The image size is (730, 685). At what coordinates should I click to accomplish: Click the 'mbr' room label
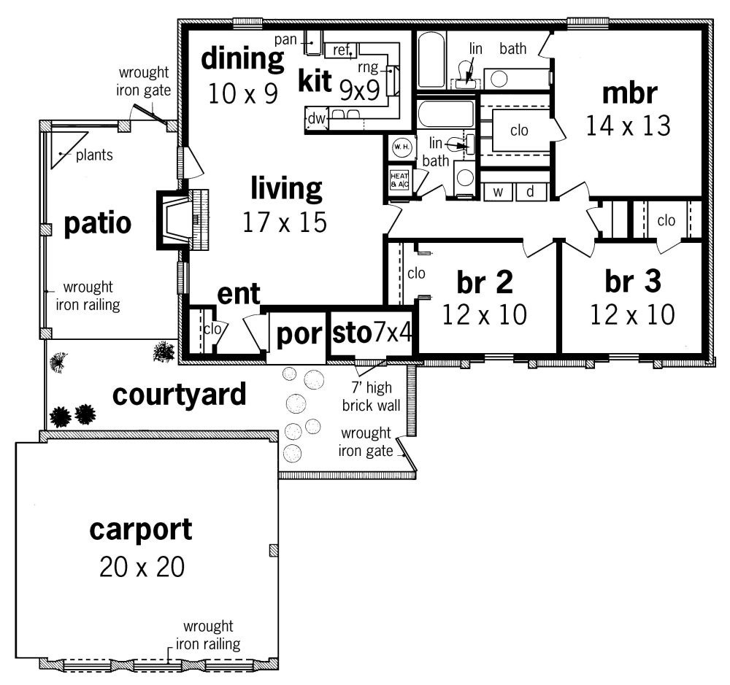[629, 93]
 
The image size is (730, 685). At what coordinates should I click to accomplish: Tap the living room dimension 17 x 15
[285, 222]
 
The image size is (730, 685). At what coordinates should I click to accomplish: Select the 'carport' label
[141, 530]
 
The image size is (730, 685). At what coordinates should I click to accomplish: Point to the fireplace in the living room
[182, 220]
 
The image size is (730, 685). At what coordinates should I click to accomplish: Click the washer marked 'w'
[498, 192]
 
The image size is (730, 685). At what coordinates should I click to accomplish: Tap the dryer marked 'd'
[531, 192]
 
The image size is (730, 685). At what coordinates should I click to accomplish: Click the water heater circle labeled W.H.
[401, 147]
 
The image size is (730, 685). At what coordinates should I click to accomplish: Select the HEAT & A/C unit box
[399, 180]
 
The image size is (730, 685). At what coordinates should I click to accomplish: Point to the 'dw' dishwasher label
[317, 118]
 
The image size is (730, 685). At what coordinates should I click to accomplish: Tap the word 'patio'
[97, 223]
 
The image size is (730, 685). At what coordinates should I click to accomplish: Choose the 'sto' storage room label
[352, 333]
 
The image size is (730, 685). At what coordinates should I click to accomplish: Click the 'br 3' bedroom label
[633, 282]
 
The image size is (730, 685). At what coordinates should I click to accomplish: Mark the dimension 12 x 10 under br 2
[484, 314]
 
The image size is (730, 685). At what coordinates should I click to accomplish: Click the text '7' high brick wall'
[371, 396]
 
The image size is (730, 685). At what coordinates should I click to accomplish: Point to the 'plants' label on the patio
[94, 155]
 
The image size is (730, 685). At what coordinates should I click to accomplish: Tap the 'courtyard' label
[180, 395]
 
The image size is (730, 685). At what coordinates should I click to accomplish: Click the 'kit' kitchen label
[315, 81]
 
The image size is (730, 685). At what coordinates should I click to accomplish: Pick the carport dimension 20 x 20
[142, 566]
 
